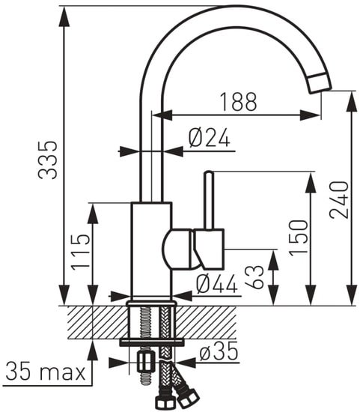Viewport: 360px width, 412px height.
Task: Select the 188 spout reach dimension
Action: (x=238, y=100)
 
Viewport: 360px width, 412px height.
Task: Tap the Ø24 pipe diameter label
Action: (x=209, y=136)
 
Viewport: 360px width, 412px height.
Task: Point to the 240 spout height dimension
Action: (x=340, y=200)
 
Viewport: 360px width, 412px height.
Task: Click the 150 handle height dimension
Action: (x=298, y=237)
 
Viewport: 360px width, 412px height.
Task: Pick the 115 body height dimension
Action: (x=82, y=251)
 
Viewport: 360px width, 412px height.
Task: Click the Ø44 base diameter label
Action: (x=216, y=283)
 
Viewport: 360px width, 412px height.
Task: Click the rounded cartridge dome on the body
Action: (x=177, y=249)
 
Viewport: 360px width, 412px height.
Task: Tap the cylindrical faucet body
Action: (x=151, y=251)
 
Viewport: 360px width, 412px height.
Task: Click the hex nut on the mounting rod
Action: (x=145, y=363)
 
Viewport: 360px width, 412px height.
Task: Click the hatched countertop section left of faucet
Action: (x=94, y=322)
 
